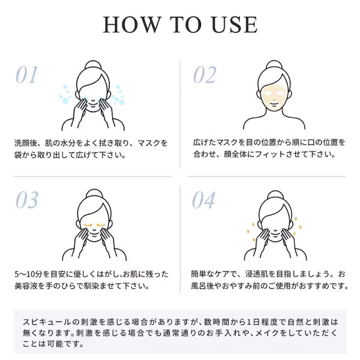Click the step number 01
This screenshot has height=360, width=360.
pos(26,74)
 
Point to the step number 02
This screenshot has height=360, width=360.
pos(205,74)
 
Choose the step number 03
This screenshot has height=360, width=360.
pos(27,200)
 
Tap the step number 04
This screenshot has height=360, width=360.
pos(203,200)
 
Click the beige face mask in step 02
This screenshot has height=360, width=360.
pos(274,97)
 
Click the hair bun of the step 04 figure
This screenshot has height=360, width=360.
pos(275,195)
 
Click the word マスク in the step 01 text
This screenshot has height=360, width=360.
pos(149,143)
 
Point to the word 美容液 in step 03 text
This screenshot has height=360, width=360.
pos(26,286)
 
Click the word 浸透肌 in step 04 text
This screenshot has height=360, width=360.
pos(257,274)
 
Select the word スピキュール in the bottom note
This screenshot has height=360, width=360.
pos(47,322)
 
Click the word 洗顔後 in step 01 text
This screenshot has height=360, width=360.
pos(26,143)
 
